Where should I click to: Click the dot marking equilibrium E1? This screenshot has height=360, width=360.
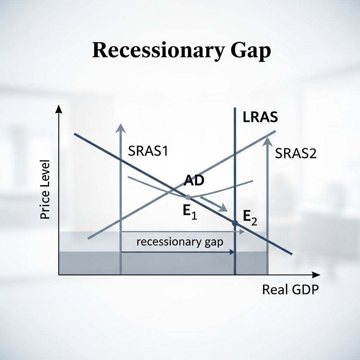(x=188, y=197)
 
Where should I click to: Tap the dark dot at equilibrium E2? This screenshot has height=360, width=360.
(x=235, y=223)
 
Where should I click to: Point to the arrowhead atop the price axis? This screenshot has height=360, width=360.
(x=59, y=110)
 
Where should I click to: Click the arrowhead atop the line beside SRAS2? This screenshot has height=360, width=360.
(x=268, y=141)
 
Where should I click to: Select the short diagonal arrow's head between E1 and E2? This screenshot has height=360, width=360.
(x=223, y=208)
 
